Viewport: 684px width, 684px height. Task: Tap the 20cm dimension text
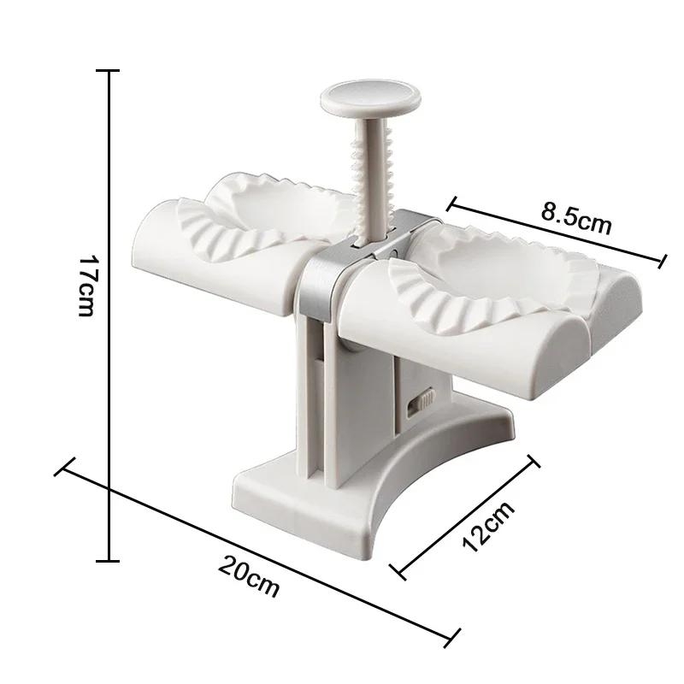[x=248, y=574]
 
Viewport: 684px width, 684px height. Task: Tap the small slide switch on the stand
[x=422, y=402]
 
